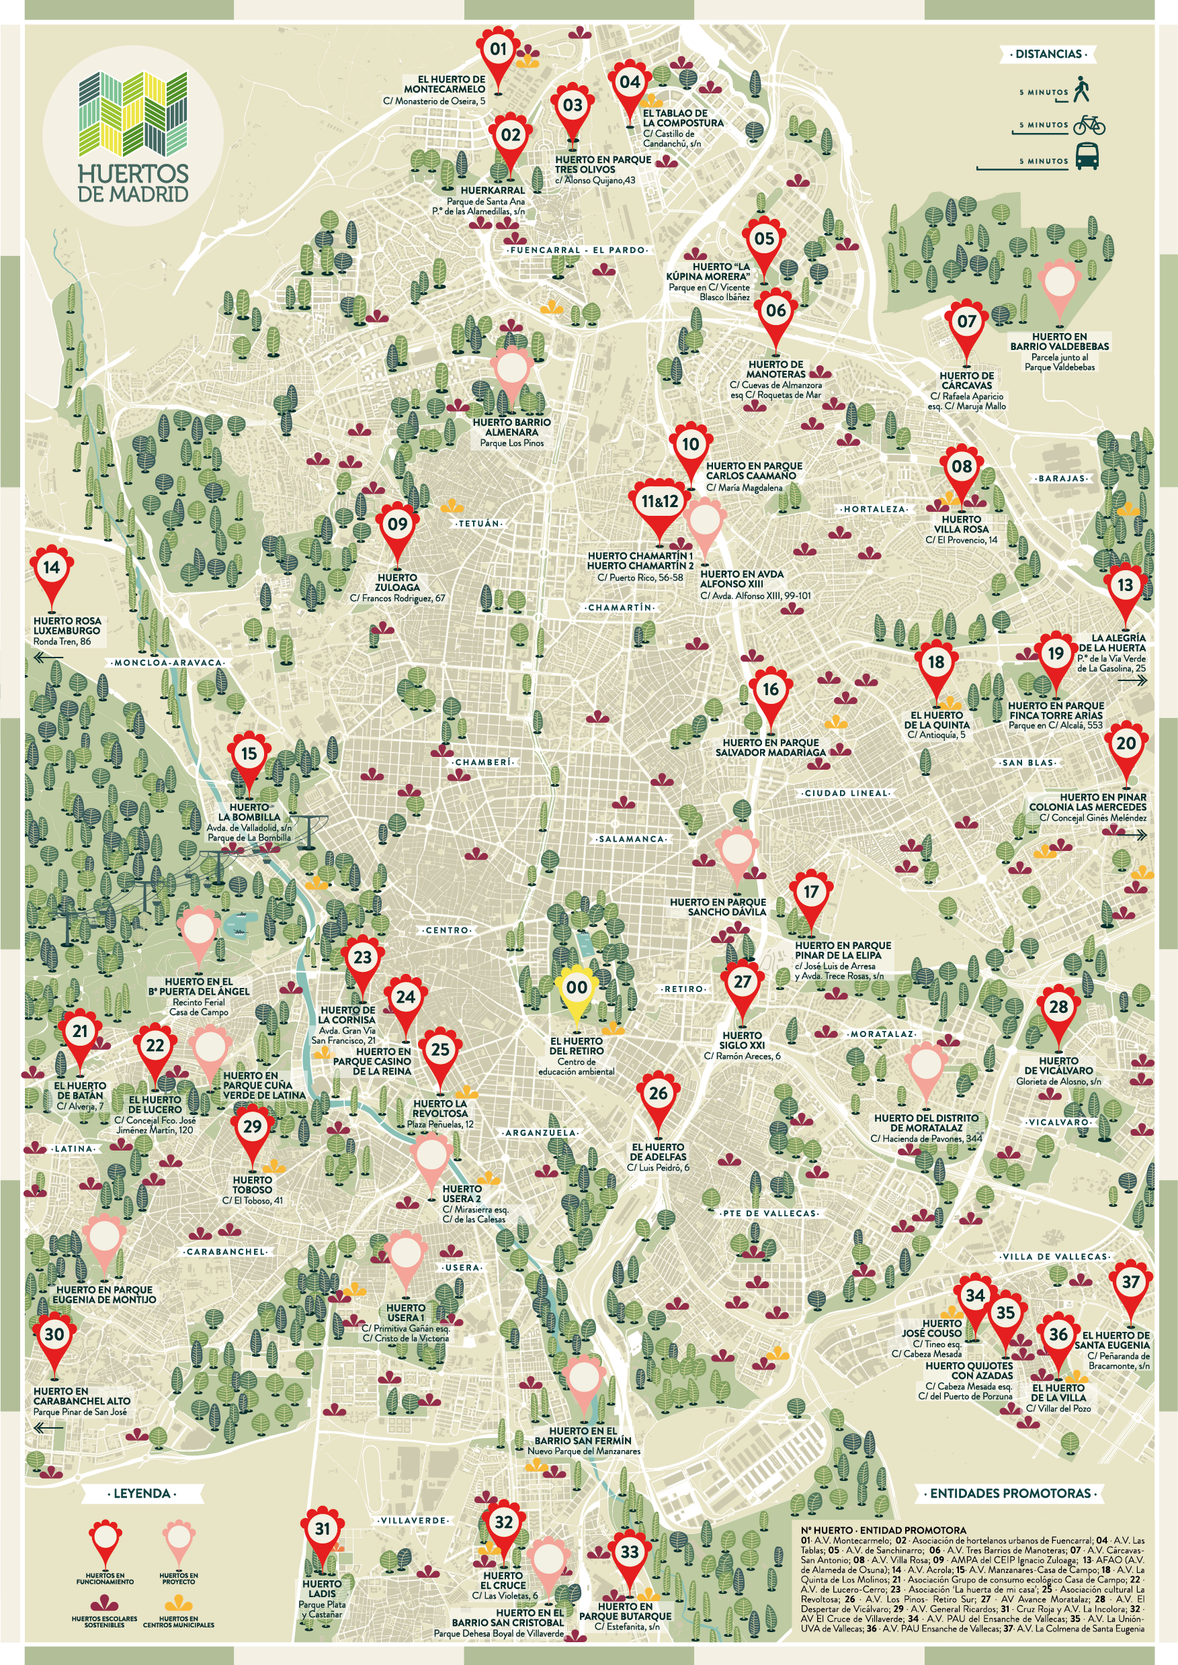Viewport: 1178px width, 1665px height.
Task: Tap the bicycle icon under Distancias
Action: [x=1089, y=125]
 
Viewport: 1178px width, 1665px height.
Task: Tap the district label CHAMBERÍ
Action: [x=483, y=762]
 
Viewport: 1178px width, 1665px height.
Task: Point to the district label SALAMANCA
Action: [x=631, y=839]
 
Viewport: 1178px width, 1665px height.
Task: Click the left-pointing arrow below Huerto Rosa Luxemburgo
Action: [x=48, y=658]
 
